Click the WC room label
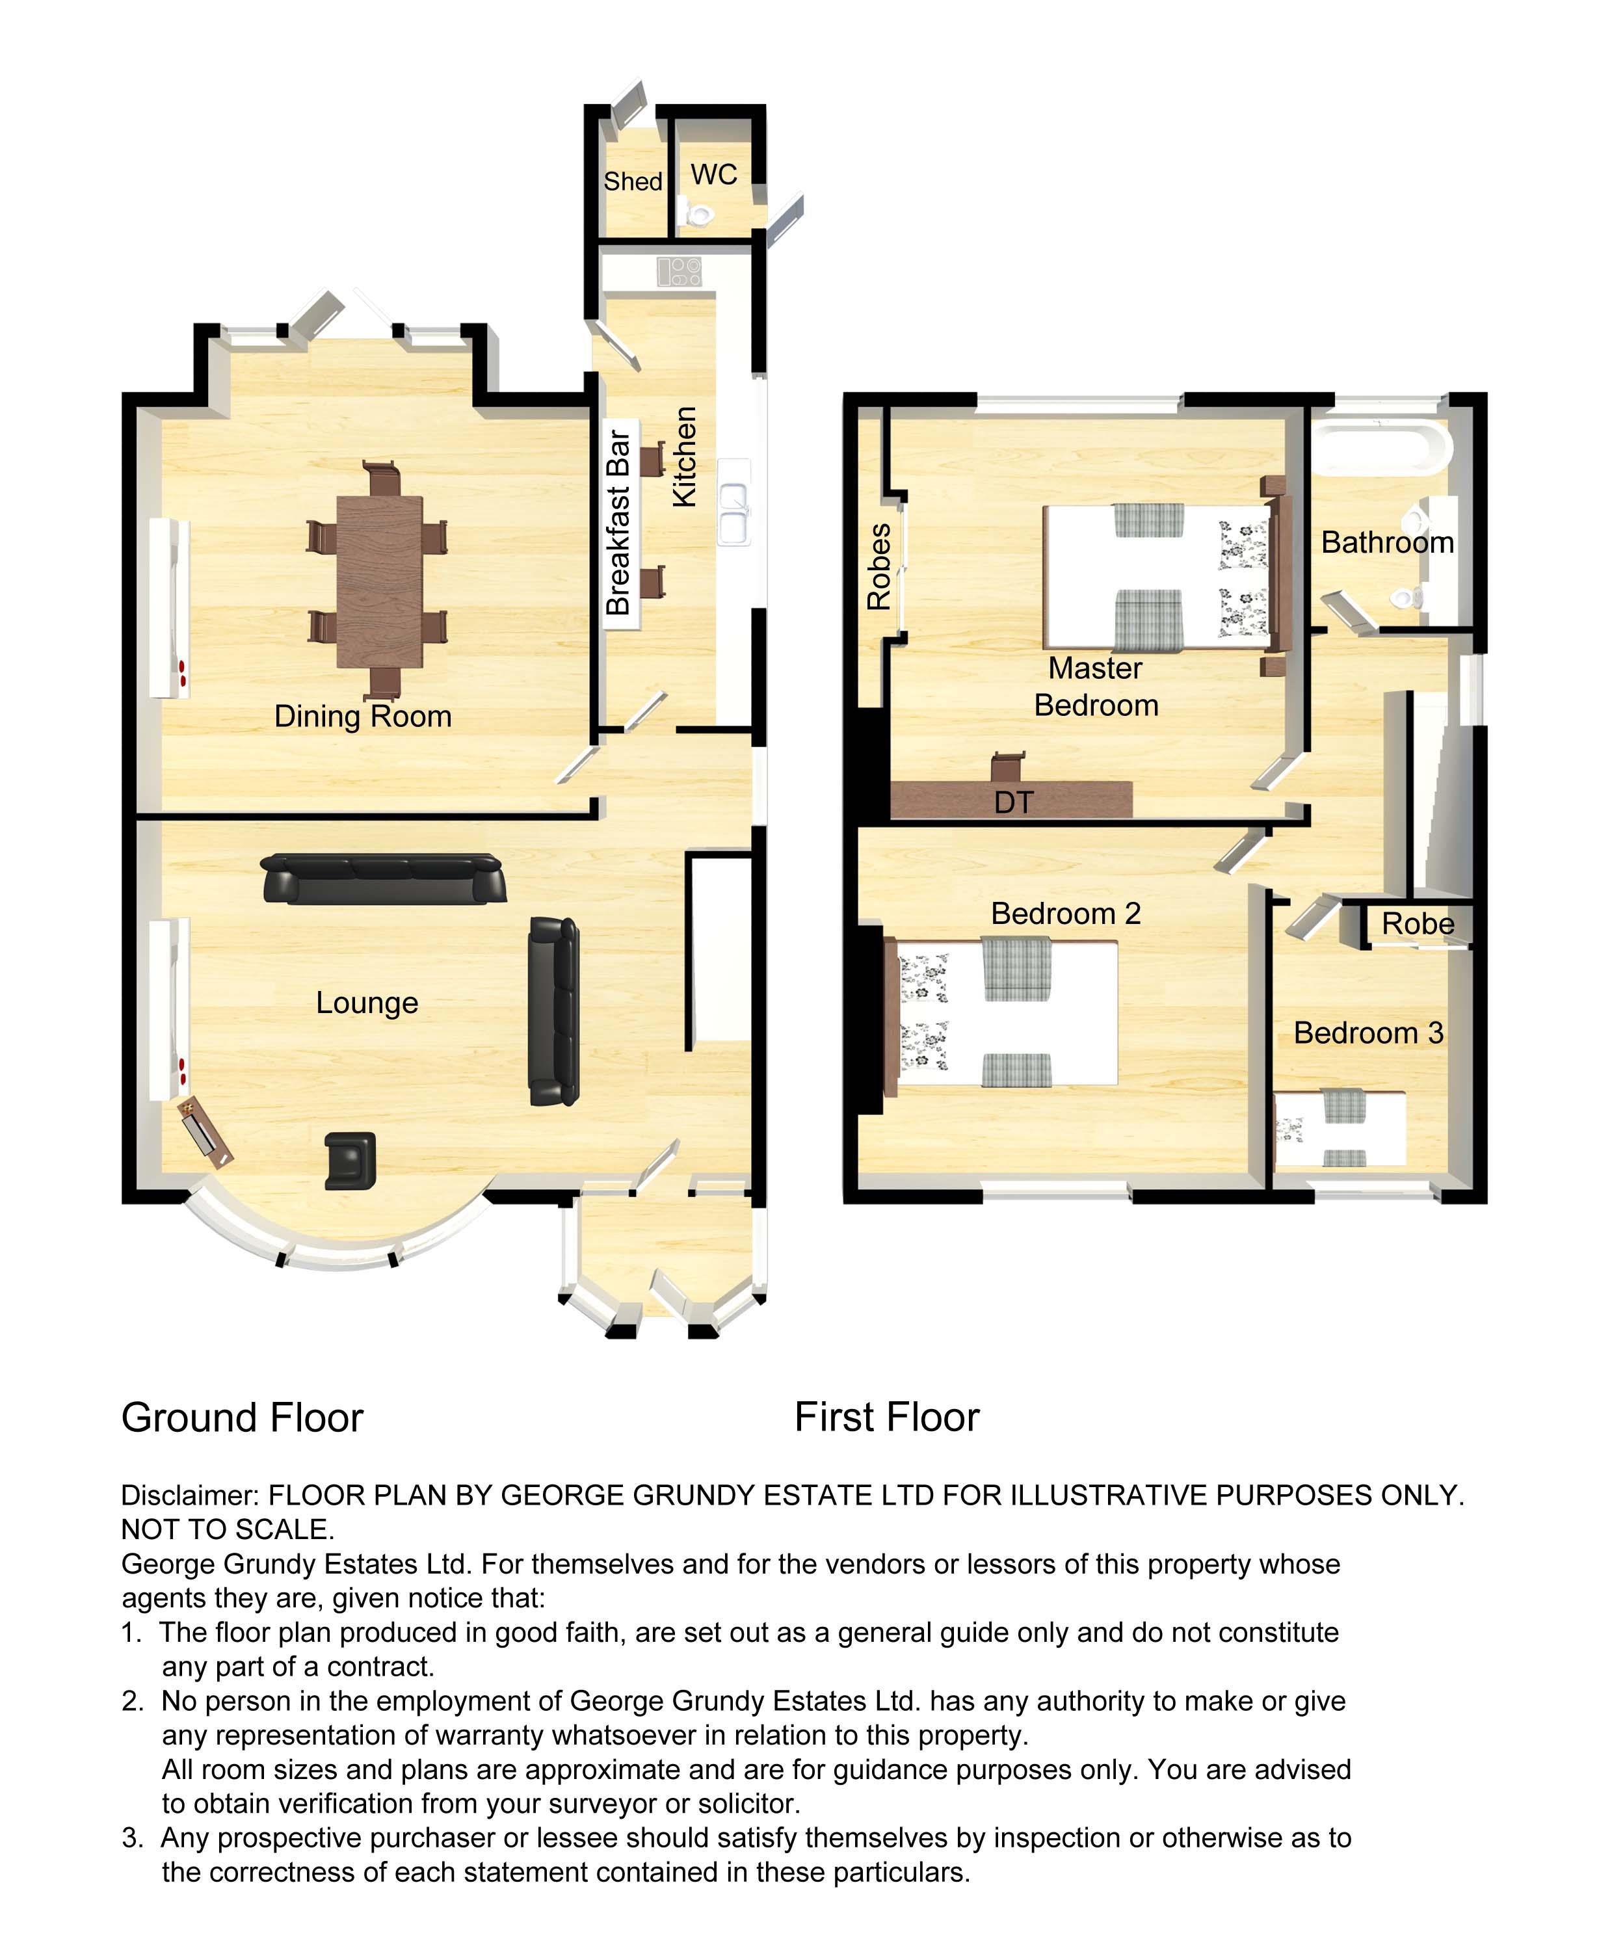713,174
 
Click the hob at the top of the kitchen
679,271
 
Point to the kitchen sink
733,501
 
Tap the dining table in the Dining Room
379,581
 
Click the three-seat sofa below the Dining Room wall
384,878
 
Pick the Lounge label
367,1003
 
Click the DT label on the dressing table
1013,802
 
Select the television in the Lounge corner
205,1132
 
